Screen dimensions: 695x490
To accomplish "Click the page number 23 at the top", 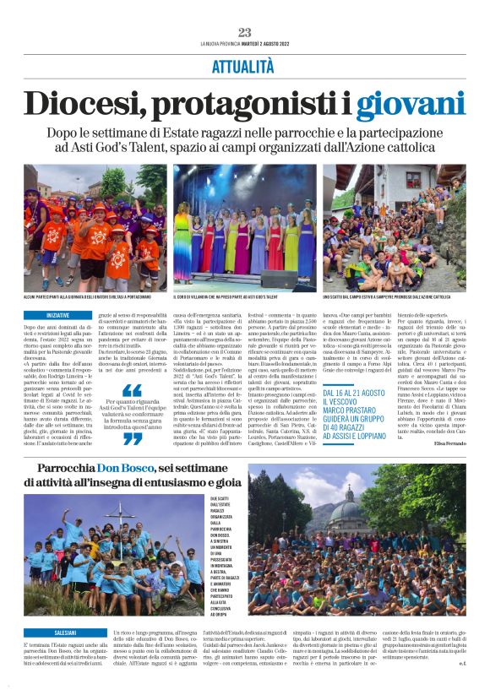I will [244, 32].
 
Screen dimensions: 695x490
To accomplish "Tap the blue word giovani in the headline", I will [410, 104].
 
